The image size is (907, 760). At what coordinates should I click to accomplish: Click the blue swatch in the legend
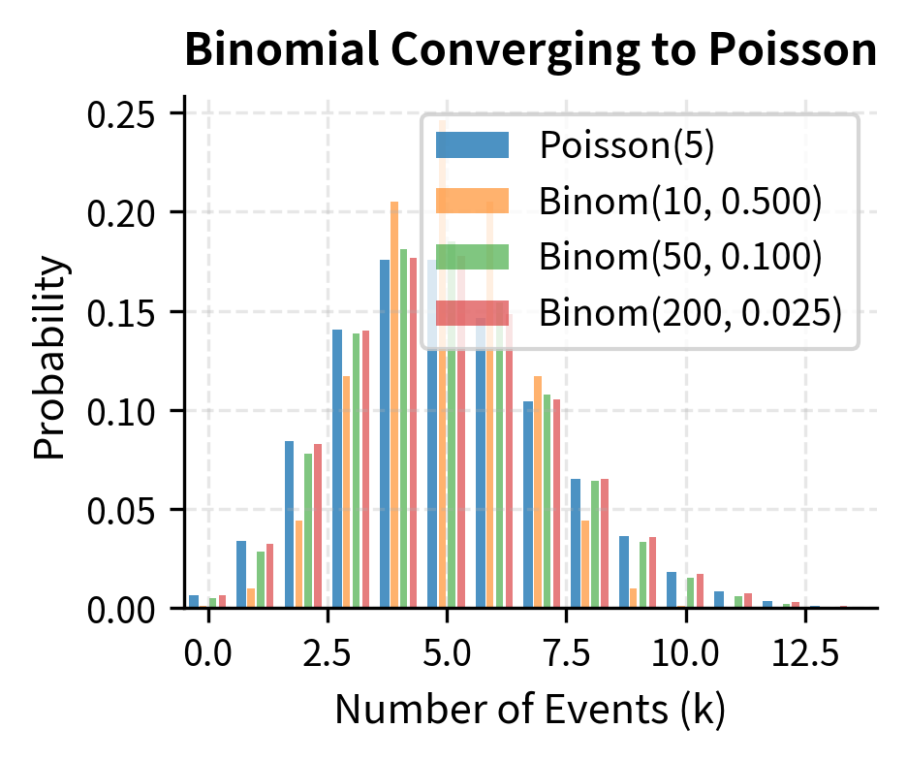(472, 145)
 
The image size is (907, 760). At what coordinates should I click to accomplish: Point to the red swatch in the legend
(472, 313)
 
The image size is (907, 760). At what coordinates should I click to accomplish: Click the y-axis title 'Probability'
(52, 356)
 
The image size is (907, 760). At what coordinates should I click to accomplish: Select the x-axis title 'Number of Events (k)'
(530, 711)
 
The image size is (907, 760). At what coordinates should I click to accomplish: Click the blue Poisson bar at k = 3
(337, 469)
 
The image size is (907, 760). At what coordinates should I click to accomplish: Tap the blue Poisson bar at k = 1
(241, 575)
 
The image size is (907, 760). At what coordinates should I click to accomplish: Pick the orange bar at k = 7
(538, 492)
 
